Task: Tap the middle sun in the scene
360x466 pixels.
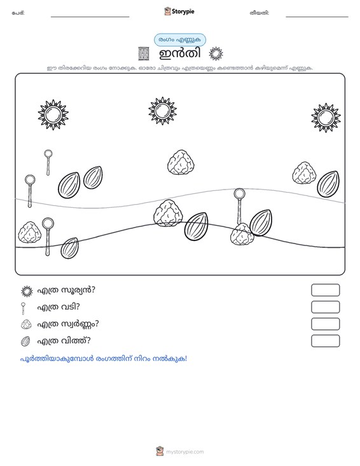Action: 162,111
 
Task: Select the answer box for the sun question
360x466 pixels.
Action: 325,290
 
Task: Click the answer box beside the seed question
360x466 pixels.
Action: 325,341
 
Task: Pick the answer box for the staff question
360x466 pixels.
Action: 325,307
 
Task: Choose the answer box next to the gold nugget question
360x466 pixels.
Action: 325,324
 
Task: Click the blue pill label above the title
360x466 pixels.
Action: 180,40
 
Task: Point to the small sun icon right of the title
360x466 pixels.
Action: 216,54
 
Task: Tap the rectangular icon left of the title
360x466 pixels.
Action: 144,54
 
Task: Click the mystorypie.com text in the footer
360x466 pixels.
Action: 185,452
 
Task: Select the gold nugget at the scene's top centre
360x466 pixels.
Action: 181,162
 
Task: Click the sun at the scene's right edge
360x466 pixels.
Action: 326,118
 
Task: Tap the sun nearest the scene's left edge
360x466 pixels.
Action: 53,114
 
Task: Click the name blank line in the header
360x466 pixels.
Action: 90,17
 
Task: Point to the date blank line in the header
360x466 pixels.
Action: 317,17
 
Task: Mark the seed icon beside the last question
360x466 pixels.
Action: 25,341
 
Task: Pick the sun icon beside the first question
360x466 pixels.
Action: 27,291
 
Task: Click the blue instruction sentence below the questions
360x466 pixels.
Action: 104,359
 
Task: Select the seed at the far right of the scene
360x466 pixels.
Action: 328,184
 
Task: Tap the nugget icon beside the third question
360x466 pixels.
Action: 26,324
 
